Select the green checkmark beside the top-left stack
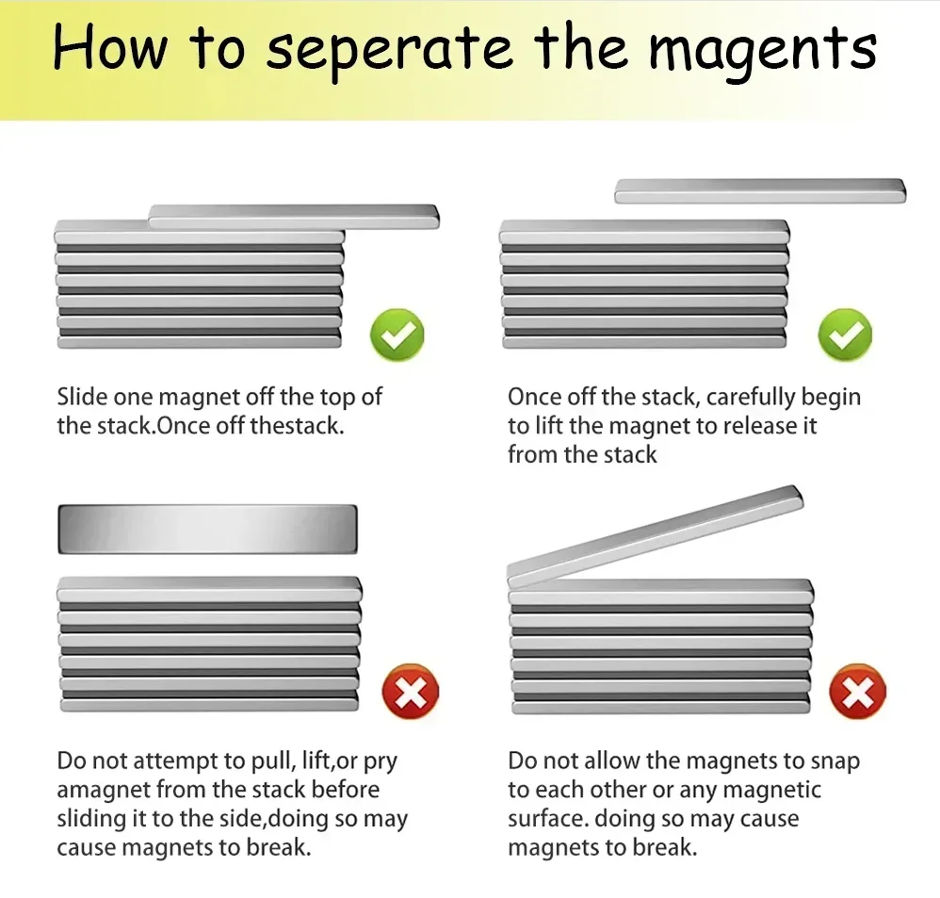coord(397,334)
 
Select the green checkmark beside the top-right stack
coord(845,334)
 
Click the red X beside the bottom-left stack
coord(410,693)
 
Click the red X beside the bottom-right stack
coord(857,693)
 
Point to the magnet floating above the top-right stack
coord(759,191)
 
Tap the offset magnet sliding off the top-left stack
coord(294,216)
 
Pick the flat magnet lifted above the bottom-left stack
coord(208,529)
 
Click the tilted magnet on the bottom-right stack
coord(655,534)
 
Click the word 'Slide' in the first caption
coord(82,397)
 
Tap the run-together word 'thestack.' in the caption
coord(297,425)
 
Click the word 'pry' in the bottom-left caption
coord(391,761)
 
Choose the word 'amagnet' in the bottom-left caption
coord(102,790)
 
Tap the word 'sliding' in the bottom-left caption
coord(90,818)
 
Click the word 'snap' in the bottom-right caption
coord(835,760)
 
